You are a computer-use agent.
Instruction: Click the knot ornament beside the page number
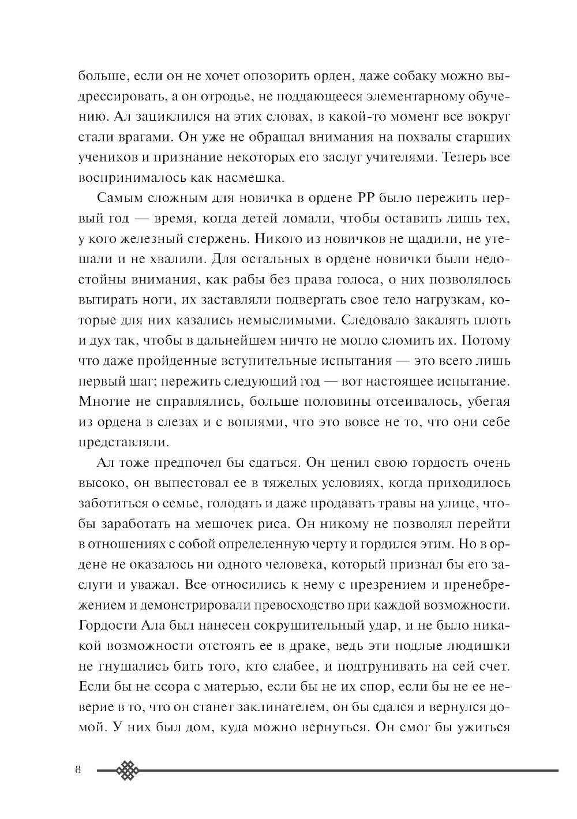(x=129, y=771)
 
